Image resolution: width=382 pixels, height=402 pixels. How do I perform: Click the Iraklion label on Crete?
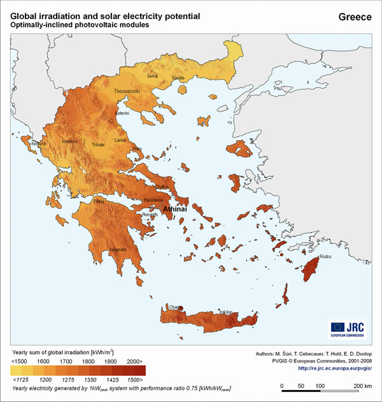225,312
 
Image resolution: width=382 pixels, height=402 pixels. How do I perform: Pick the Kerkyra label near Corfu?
39,144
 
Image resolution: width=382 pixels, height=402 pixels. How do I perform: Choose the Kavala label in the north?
178,78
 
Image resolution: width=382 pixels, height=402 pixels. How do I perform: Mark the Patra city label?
99,201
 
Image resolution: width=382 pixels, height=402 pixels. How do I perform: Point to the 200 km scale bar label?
362,386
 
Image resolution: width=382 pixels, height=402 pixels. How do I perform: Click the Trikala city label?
98,145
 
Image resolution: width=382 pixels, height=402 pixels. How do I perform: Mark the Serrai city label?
152,76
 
